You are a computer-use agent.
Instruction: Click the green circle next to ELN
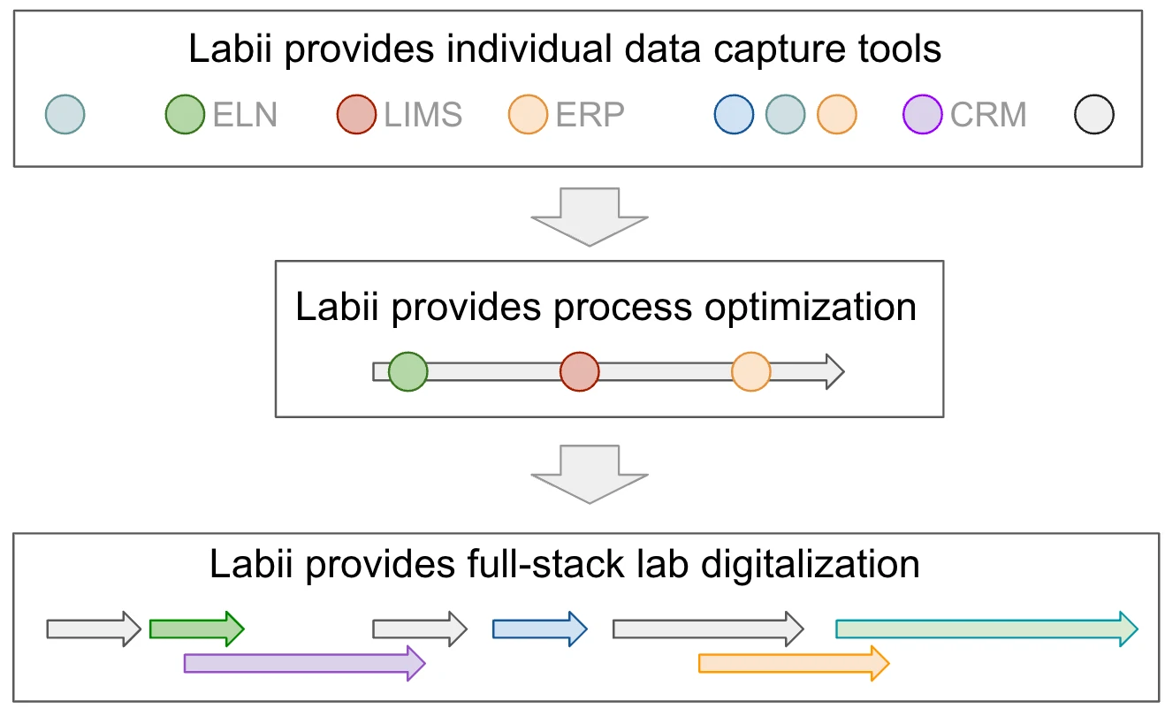click(x=186, y=115)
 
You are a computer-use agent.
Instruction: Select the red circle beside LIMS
click(x=357, y=115)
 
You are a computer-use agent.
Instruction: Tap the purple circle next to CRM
click(x=923, y=115)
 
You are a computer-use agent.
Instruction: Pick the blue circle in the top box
click(x=734, y=115)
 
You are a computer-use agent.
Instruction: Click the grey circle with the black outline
click(x=1094, y=115)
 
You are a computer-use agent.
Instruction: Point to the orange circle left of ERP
click(x=529, y=115)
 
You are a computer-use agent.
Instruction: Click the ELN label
click(x=245, y=115)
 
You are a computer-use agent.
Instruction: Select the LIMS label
click(x=423, y=115)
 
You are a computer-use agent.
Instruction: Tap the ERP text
click(x=590, y=115)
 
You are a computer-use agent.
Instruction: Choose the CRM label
click(x=988, y=115)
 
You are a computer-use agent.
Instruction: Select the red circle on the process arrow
click(x=580, y=371)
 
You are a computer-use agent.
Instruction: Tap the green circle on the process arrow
click(x=408, y=371)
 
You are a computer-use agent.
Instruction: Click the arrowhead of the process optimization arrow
click(x=834, y=371)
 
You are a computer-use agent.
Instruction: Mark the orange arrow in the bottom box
click(x=792, y=663)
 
